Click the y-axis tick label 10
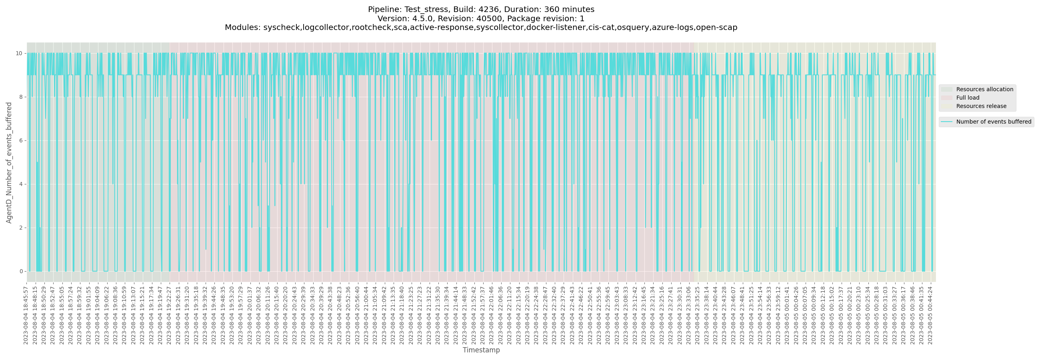19,53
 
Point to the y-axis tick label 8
20,97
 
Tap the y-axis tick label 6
20,140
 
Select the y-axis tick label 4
20,184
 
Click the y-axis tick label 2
20,228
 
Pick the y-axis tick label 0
20,271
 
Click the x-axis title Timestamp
481,350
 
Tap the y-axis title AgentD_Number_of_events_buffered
9,162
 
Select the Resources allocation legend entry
984,89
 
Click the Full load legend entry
967,98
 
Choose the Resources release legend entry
981,106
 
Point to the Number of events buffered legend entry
994,122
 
